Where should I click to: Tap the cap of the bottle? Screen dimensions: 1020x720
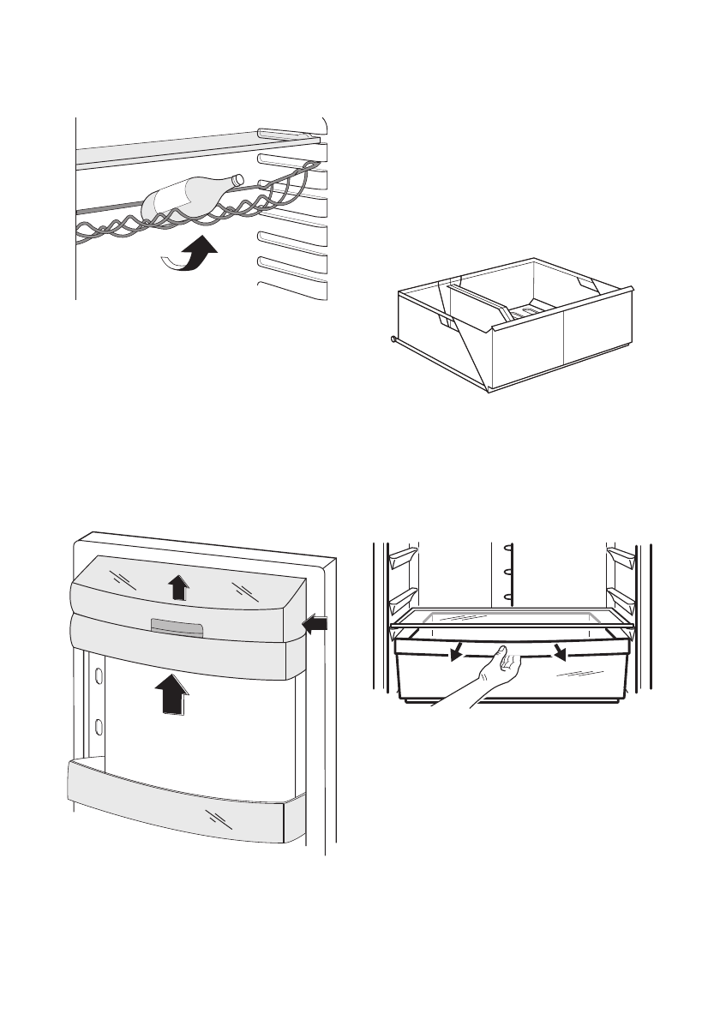click(239, 179)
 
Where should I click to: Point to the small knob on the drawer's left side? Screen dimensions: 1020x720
click(393, 339)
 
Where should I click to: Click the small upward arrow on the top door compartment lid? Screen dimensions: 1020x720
click(177, 588)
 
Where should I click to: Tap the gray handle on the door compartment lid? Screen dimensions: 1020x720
click(177, 629)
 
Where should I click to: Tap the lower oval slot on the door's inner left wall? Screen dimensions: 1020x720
click(99, 727)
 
